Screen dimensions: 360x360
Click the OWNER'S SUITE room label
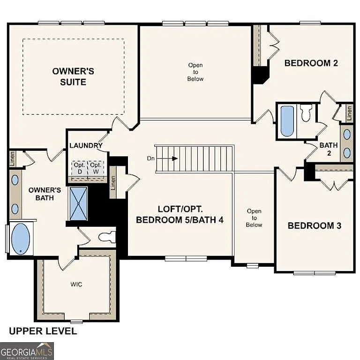(x=73, y=76)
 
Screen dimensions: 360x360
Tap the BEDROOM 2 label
(x=311, y=63)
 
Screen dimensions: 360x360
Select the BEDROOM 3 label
(x=314, y=225)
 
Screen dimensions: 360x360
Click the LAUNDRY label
(x=86, y=145)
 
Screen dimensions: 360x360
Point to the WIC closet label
(x=76, y=285)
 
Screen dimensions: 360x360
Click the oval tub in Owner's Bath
(x=20, y=239)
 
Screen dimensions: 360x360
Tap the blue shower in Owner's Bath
(x=78, y=203)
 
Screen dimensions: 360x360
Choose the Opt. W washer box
(x=96, y=168)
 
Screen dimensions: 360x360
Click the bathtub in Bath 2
(x=287, y=120)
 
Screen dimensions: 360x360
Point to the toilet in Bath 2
(x=306, y=114)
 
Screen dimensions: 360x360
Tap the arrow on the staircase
(x=174, y=158)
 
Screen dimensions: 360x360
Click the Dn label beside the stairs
(x=151, y=158)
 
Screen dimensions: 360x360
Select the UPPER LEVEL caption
(x=43, y=331)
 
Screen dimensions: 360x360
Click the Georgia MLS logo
(x=27, y=351)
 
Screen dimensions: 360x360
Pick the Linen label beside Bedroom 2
(x=349, y=112)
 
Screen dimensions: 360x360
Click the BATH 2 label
(x=329, y=149)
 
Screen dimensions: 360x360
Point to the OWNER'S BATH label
(x=45, y=194)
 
